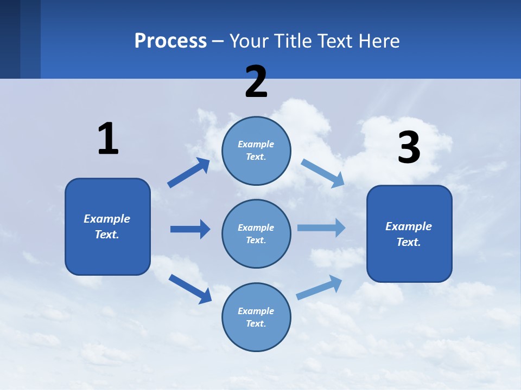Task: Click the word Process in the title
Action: point(170,41)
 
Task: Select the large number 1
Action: point(108,139)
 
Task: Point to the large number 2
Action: point(256,82)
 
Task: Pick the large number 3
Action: point(409,148)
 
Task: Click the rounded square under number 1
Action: point(107,226)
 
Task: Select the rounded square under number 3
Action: point(409,233)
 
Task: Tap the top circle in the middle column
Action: point(256,151)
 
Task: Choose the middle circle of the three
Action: point(256,233)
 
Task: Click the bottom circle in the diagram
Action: point(256,317)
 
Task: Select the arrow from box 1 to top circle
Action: point(188,173)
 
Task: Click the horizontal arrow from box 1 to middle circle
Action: point(190,229)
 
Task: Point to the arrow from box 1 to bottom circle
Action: point(190,288)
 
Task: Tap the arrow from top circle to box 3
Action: point(322,173)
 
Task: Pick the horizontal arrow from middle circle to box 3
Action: point(321,227)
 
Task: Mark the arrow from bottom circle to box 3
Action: point(319,287)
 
